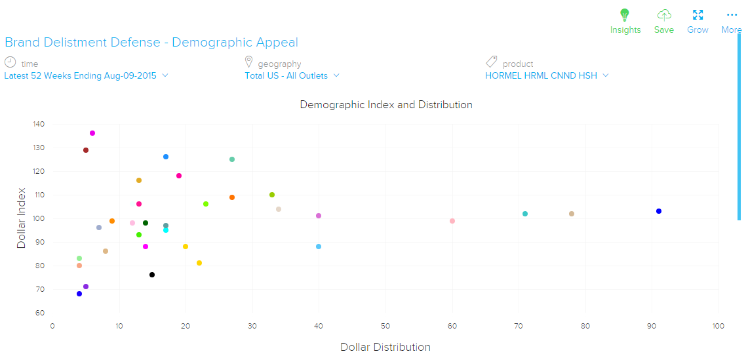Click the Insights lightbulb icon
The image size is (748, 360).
625,15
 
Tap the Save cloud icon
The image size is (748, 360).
664,15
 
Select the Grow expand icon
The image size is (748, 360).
698,15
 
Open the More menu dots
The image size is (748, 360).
731,15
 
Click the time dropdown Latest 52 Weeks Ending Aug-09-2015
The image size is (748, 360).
86,75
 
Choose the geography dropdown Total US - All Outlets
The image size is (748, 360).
292,75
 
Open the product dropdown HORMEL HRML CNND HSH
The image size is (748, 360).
547,75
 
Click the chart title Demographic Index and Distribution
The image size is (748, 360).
386,105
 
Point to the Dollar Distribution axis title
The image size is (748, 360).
385,347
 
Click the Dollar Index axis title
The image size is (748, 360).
22,219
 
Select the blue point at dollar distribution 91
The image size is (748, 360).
659,211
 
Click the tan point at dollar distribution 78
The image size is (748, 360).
572,214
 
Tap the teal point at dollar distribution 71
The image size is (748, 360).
525,214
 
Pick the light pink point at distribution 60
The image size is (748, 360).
452,221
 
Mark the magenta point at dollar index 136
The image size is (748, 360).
92,133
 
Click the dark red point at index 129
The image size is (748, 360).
86,150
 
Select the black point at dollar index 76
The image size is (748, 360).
152,275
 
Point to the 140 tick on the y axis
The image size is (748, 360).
39,124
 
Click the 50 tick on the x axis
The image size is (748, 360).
385,326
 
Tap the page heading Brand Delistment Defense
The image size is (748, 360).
151,43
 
